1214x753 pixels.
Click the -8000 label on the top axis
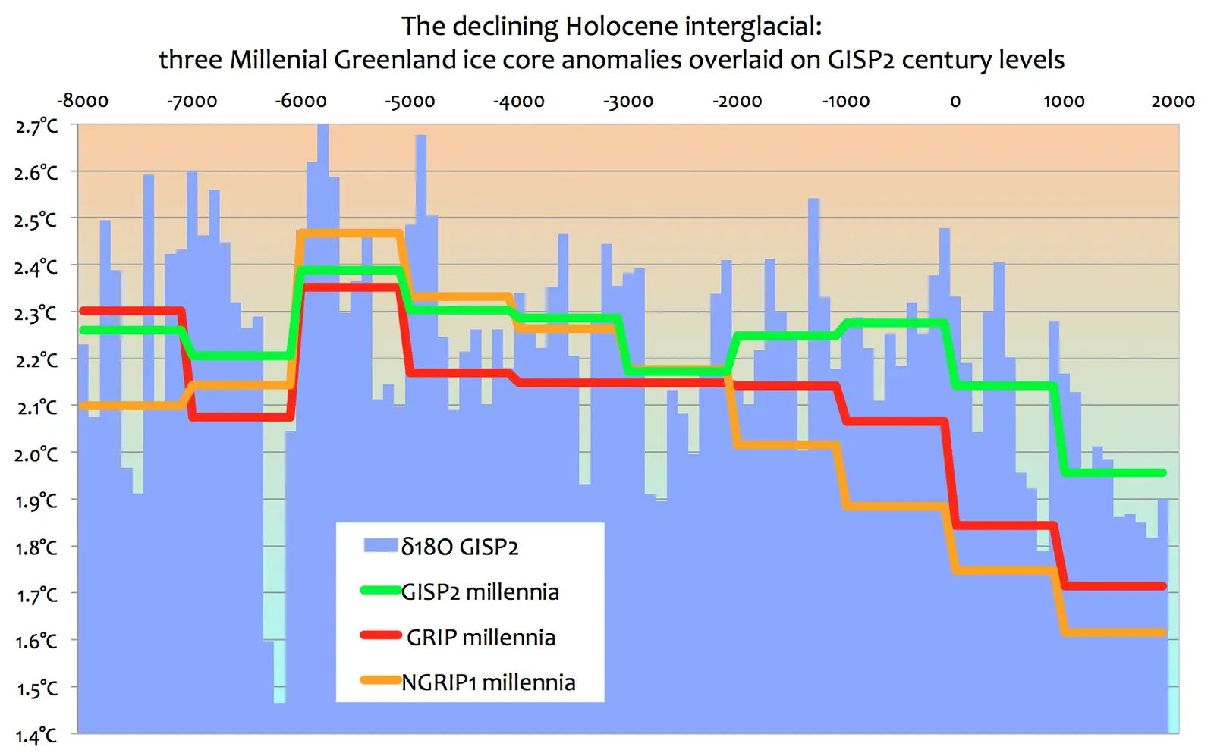pyautogui.click(x=83, y=102)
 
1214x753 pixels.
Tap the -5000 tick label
pyautogui.click(x=410, y=102)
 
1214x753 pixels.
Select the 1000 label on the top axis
pyautogui.click(x=1064, y=102)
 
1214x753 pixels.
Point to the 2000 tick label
pyautogui.click(x=1172, y=102)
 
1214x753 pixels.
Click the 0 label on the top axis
pyautogui.click(x=955, y=102)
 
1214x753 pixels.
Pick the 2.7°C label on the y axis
pyautogui.click(x=36, y=126)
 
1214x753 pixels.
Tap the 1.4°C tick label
pyautogui.click(x=36, y=735)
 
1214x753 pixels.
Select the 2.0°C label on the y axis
pyautogui.click(x=36, y=454)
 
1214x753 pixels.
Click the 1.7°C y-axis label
pyautogui.click(x=36, y=595)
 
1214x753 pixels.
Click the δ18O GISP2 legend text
pyautogui.click(x=460, y=547)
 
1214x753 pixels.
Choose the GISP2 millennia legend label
pyautogui.click(x=480, y=591)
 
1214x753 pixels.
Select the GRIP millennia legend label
pyautogui.click(x=481, y=637)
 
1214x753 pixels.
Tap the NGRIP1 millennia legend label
pyautogui.click(x=489, y=682)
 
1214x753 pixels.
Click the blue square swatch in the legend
pyautogui.click(x=380, y=545)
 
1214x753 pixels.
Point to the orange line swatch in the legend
pyautogui.click(x=380, y=680)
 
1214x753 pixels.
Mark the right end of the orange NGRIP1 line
pyautogui.click(x=1162, y=632)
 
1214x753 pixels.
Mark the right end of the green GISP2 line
pyautogui.click(x=1162, y=473)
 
